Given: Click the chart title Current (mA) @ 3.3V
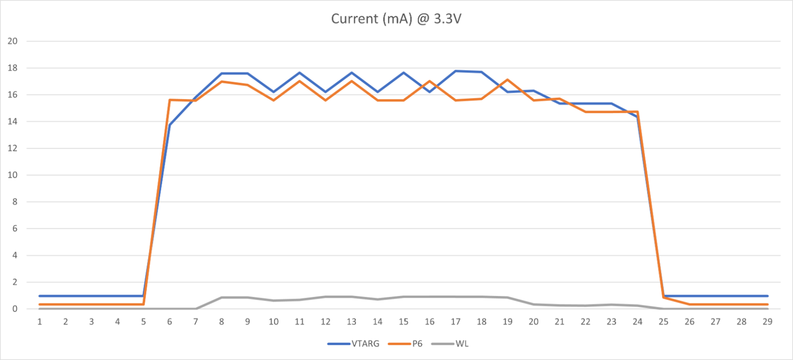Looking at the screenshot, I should click(396, 19).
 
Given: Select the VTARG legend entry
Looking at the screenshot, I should click(365, 344).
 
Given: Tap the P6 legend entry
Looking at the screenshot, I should click(417, 344).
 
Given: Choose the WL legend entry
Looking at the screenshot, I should click(462, 344).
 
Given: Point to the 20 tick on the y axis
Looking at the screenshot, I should click(12, 41).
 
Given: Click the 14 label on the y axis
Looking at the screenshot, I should click(12, 122).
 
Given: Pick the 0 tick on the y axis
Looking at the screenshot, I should click(15, 309).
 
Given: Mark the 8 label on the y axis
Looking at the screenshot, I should click(15, 202).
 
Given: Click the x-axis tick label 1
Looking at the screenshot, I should click(40, 322).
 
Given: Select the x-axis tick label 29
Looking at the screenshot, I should click(767, 322).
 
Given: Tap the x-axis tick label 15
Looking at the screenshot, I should click(404, 322).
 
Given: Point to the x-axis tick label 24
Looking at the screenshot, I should click(638, 322).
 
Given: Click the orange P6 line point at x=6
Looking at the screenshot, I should click(170, 100).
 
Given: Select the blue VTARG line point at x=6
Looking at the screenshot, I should click(170, 125).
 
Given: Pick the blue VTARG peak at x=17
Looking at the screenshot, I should click(456, 71).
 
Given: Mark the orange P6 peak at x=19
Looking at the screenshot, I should click(507, 79).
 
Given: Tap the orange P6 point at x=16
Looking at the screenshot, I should click(430, 81).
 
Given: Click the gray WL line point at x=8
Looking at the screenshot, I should click(221, 297).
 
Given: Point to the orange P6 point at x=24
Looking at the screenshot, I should click(638, 112).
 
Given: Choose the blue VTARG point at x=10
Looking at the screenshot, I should click(274, 92).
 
